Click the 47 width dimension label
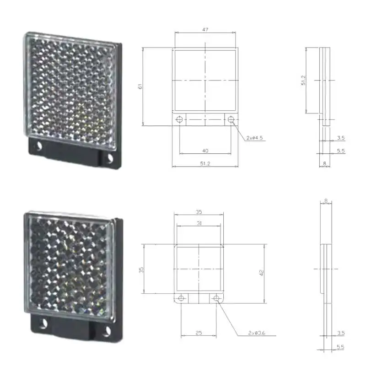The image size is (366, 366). pyautogui.click(x=205, y=30)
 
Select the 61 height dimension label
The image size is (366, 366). pyautogui.click(x=140, y=86)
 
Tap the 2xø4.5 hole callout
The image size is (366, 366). pyautogui.click(x=255, y=138)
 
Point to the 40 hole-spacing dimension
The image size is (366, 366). pyautogui.click(x=205, y=151)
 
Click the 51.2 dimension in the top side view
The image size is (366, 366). pyautogui.click(x=303, y=80)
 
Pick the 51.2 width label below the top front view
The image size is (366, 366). pyautogui.click(x=205, y=164)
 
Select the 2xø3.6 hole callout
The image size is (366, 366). pyautogui.click(x=257, y=333)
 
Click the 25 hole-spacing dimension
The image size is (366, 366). pyautogui.click(x=199, y=333)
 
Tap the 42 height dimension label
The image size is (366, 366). pyautogui.click(x=261, y=273)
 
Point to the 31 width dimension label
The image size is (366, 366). pyautogui.click(x=199, y=223)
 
